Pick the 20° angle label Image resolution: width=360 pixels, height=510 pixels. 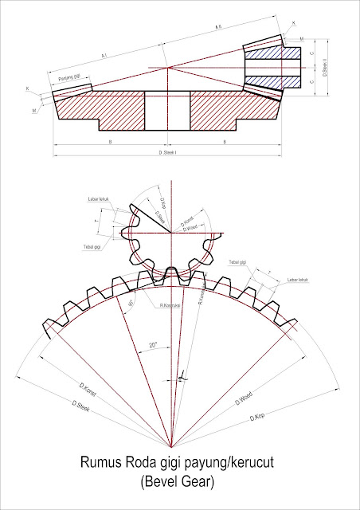tap(152, 345)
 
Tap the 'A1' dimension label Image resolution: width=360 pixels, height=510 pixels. tap(104, 56)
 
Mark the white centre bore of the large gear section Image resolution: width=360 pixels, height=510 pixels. tap(167, 108)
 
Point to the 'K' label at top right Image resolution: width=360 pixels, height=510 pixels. tap(293, 23)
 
